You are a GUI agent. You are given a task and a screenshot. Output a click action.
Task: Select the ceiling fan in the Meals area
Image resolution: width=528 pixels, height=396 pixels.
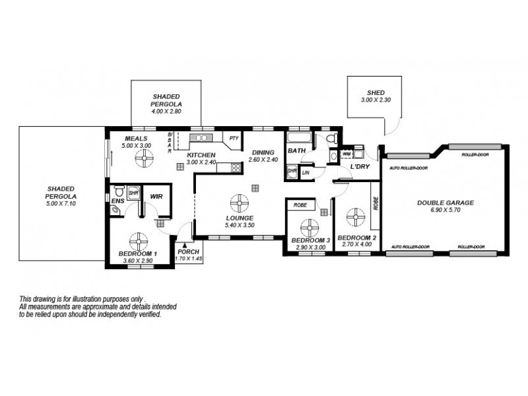[x=142, y=158]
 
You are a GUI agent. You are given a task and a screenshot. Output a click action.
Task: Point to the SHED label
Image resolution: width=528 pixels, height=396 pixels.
[x=376, y=93]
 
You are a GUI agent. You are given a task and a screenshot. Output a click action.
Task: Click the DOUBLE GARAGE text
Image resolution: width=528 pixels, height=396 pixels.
[x=445, y=203]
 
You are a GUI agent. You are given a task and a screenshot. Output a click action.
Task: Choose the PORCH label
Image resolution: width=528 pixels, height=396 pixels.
[x=188, y=251]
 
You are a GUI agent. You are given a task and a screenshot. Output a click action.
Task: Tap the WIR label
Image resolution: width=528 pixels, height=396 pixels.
[x=156, y=196]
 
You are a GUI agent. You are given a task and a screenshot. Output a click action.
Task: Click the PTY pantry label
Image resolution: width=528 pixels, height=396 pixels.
[x=234, y=139]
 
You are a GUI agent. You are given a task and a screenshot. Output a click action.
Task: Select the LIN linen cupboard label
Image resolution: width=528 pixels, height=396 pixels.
[x=306, y=172]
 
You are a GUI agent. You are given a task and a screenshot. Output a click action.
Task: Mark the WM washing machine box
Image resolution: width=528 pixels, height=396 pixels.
[x=346, y=154]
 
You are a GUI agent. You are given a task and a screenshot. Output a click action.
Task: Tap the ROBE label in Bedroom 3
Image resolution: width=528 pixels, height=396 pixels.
[x=299, y=205]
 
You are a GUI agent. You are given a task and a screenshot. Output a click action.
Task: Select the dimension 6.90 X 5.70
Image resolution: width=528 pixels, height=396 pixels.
[x=445, y=211]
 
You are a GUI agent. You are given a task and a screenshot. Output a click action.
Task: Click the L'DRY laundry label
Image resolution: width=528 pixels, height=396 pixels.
[x=359, y=166]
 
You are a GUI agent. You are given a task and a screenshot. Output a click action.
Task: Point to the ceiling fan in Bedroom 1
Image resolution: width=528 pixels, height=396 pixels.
[x=139, y=240]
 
